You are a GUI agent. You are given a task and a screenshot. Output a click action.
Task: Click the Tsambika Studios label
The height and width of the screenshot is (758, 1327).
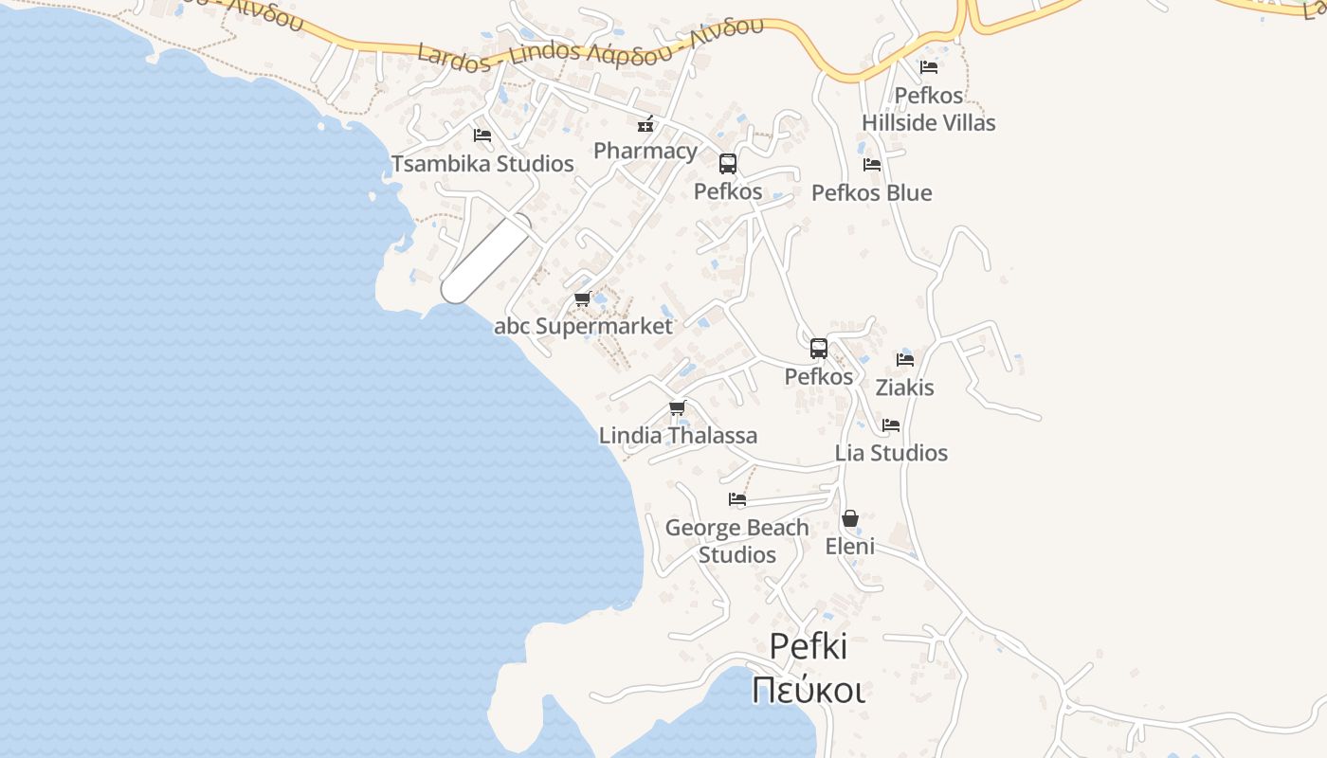click(482, 164)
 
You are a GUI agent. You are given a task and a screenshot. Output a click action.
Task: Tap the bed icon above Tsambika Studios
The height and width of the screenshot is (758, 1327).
click(482, 135)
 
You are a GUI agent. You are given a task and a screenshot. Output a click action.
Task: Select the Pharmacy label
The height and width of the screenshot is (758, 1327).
click(645, 151)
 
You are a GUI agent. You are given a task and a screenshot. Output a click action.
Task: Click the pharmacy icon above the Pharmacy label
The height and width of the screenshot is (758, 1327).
click(645, 123)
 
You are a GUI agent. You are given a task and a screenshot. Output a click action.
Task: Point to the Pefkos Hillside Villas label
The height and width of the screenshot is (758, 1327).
click(929, 109)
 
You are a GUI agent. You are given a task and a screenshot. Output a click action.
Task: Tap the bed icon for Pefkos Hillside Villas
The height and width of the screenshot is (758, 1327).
click(929, 67)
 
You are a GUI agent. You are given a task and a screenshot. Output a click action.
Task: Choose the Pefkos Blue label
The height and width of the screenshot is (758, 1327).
click(872, 193)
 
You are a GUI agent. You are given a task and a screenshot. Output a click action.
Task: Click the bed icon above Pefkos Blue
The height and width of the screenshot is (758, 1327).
click(872, 165)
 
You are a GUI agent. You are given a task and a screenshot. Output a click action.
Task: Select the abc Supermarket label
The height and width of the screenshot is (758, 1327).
click(583, 327)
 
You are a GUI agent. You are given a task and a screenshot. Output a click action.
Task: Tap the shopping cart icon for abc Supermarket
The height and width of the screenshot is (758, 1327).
click(583, 299)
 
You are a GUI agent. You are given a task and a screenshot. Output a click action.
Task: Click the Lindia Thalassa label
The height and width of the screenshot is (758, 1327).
click(678, 436)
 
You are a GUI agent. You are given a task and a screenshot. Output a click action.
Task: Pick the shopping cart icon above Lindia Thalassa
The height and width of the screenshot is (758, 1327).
click(678, 408)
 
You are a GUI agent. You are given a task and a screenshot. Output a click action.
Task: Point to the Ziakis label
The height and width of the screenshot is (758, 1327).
click(904, 388)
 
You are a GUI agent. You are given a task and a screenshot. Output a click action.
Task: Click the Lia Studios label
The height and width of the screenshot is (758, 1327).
click(891, 453)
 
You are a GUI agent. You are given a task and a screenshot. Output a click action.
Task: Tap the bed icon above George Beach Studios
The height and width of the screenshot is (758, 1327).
click(737, 499)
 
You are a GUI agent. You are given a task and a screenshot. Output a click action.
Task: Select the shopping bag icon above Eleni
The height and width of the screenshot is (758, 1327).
click(850, 518)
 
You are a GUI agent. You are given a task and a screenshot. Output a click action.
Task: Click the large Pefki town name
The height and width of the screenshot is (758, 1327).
click(808, 646)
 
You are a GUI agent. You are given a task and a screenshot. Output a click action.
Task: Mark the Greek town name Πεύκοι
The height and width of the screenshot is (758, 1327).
click(808, 690)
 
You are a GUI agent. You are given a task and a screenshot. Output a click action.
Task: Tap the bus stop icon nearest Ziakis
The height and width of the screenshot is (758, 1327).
click(819, 348)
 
